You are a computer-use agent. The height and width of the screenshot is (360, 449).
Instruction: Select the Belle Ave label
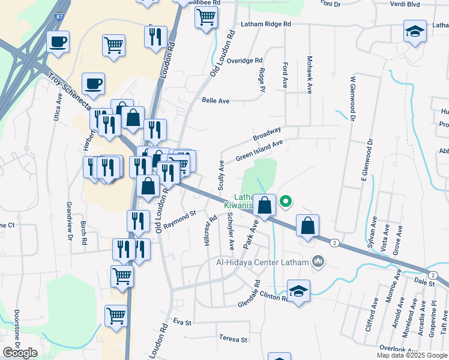215,101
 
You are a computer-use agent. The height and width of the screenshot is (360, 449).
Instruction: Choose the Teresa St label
233,340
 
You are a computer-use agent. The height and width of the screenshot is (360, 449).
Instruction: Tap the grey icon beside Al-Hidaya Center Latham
318,262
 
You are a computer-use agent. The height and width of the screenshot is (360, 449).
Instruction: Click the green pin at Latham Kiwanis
286,202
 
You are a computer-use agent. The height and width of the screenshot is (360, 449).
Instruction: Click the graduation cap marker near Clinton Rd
298,291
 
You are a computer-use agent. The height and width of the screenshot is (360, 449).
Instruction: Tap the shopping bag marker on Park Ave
264,205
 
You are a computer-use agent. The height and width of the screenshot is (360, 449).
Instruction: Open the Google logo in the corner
20,353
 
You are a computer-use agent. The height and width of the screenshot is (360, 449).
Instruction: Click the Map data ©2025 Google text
411,355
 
